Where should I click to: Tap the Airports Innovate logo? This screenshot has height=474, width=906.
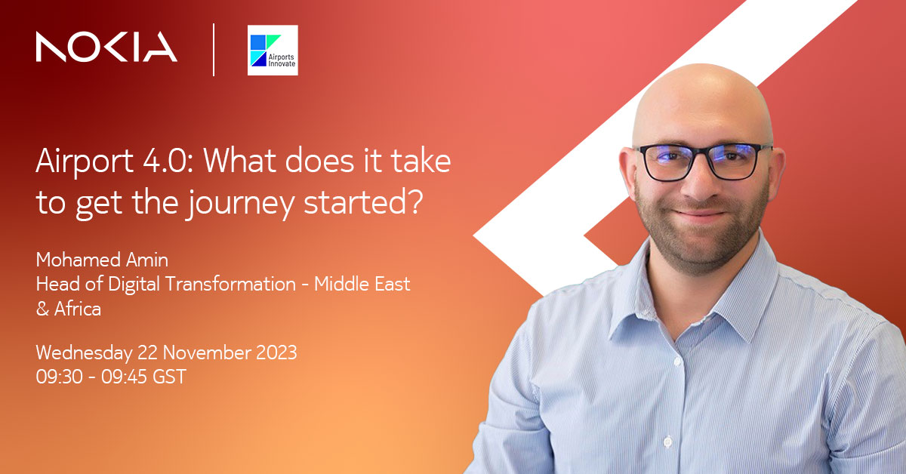pyautogui.click(x=273, y=50)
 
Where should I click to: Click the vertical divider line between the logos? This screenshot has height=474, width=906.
pyautogui.click(x=214, y=49)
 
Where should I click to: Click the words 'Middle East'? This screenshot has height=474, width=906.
pyautogui.click(x=362, y=285)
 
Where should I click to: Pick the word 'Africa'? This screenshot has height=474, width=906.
pyautogui.click(x=77, y=309)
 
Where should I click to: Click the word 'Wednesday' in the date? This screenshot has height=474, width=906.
pyautogui.click(x=83, y=352)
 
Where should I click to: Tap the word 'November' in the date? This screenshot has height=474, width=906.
pyautogui.click(x=203, y=352)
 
